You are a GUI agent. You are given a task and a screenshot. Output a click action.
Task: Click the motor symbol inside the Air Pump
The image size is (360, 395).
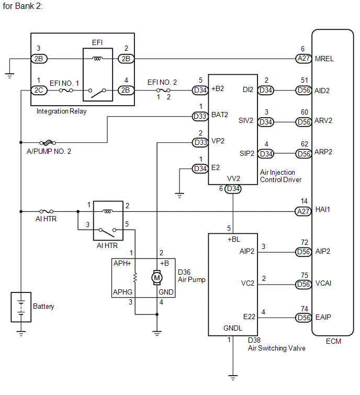[157, 278]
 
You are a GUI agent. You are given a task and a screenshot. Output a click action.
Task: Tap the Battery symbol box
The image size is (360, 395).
[21, 307]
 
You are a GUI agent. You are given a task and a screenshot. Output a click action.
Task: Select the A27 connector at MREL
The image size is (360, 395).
[303, 59]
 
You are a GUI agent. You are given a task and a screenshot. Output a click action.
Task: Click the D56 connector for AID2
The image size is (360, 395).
[303, 90]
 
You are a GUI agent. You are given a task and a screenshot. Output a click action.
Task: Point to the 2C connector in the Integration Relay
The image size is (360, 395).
[39, 90]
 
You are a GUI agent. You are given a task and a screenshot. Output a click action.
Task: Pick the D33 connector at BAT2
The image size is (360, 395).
[200, 116]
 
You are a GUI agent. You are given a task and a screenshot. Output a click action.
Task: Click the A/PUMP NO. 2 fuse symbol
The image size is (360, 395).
[48, 143]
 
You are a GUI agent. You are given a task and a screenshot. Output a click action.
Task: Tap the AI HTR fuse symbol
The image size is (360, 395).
[47, 211]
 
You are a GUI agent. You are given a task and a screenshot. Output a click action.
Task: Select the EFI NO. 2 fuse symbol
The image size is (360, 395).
[163, 90]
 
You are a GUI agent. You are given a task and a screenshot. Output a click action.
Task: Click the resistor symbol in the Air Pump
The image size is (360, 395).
[135, 278]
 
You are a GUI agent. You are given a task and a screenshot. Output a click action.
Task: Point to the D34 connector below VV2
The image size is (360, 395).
[233, 189]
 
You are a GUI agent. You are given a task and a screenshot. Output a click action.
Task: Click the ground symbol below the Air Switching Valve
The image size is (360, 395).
[233, 377]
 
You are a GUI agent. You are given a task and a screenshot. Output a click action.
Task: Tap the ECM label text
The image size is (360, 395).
[333, 341]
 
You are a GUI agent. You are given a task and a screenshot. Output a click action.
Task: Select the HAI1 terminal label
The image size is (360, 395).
[322, 209]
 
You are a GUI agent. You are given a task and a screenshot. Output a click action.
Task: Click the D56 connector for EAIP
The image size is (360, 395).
[303, 318]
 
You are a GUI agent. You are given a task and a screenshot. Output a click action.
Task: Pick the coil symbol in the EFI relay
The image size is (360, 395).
[97, 59]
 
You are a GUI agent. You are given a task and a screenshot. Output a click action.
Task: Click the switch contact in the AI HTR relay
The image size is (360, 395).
[108, 232]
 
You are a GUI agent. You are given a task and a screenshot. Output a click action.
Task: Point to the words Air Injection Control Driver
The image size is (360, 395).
[280, 176]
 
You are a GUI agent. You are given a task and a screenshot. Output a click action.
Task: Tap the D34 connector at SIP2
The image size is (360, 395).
[266, 154]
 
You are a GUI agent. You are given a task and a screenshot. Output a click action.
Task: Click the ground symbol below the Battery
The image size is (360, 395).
[21, 334]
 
